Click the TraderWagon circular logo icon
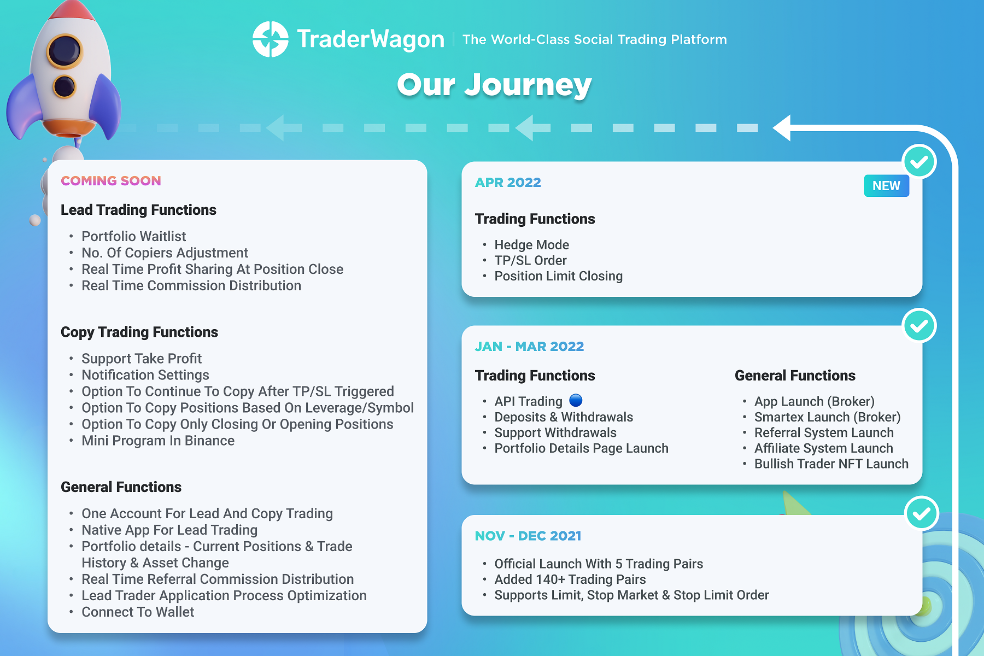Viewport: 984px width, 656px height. point(270,39)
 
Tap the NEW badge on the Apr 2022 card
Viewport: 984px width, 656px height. point(886,186)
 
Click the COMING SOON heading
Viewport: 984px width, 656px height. point(111,181)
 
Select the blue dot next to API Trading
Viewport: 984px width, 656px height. point(576,401)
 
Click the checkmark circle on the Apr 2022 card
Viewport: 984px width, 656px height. point(919,162)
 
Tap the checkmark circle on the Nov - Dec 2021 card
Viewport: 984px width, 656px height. point(921,513)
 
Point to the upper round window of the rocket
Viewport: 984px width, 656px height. point(65,51)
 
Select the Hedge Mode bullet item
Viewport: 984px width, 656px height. point(531,245)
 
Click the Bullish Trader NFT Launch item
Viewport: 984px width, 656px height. point(831,464)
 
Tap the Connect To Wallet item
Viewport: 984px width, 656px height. point(138,612)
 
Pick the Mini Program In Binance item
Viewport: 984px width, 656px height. point(158,441)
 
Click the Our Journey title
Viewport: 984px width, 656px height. point(494,85)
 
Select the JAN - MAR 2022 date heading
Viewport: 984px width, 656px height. point(529,347)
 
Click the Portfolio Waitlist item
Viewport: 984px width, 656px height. point(134,236)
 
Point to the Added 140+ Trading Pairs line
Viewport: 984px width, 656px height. point(570,579)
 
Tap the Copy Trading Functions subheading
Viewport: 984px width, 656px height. point(139,332)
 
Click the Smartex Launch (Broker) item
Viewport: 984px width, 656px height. point(827,417)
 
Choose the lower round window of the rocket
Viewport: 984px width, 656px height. point(64,86)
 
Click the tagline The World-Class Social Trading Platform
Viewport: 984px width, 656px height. point(594,39)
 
